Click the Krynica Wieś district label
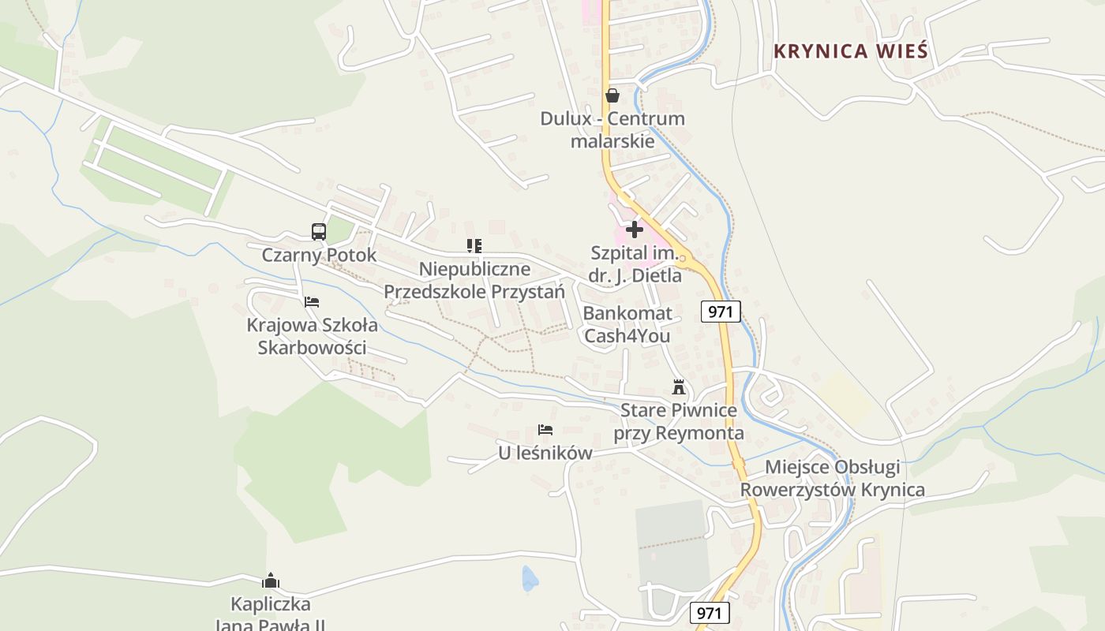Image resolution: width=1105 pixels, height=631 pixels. [x=850, y=51]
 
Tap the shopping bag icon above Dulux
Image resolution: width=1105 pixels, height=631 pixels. [x=612, y=95]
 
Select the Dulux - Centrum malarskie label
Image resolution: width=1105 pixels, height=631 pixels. [x=612, y=130]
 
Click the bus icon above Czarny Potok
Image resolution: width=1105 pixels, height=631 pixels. [x=319, y=232]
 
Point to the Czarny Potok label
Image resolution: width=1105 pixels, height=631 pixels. [x=319, y=256]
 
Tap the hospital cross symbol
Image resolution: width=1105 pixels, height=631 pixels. [x=635, y=230]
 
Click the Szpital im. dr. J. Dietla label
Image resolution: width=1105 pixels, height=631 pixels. [x=635, y=264]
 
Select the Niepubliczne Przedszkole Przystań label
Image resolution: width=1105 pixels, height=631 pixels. [x=474, y=280]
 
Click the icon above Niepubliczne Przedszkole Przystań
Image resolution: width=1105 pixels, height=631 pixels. [x=474, y=246]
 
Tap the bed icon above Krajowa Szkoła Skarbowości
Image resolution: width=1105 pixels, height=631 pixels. [x=312, y=301]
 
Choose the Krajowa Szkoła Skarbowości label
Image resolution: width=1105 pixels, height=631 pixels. [x=312, y=336]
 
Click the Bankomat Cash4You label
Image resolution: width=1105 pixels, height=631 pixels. [x=627, y=324]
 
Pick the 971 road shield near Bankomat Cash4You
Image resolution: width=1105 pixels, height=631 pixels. [x=721, y=312]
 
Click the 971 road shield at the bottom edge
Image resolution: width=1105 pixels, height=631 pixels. [x=710, y=613]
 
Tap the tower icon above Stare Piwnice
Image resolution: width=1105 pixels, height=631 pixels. [x=678, y=387]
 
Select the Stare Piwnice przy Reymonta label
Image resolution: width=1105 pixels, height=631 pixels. [x=679, y=421]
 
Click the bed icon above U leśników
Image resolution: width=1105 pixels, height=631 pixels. [x=545, y=430]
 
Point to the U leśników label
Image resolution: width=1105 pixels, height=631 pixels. [x=545, y=454]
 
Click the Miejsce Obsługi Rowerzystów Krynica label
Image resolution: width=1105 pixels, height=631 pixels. [x=833, y=479]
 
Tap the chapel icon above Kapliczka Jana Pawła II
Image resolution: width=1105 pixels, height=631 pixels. [x=271, y=581]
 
